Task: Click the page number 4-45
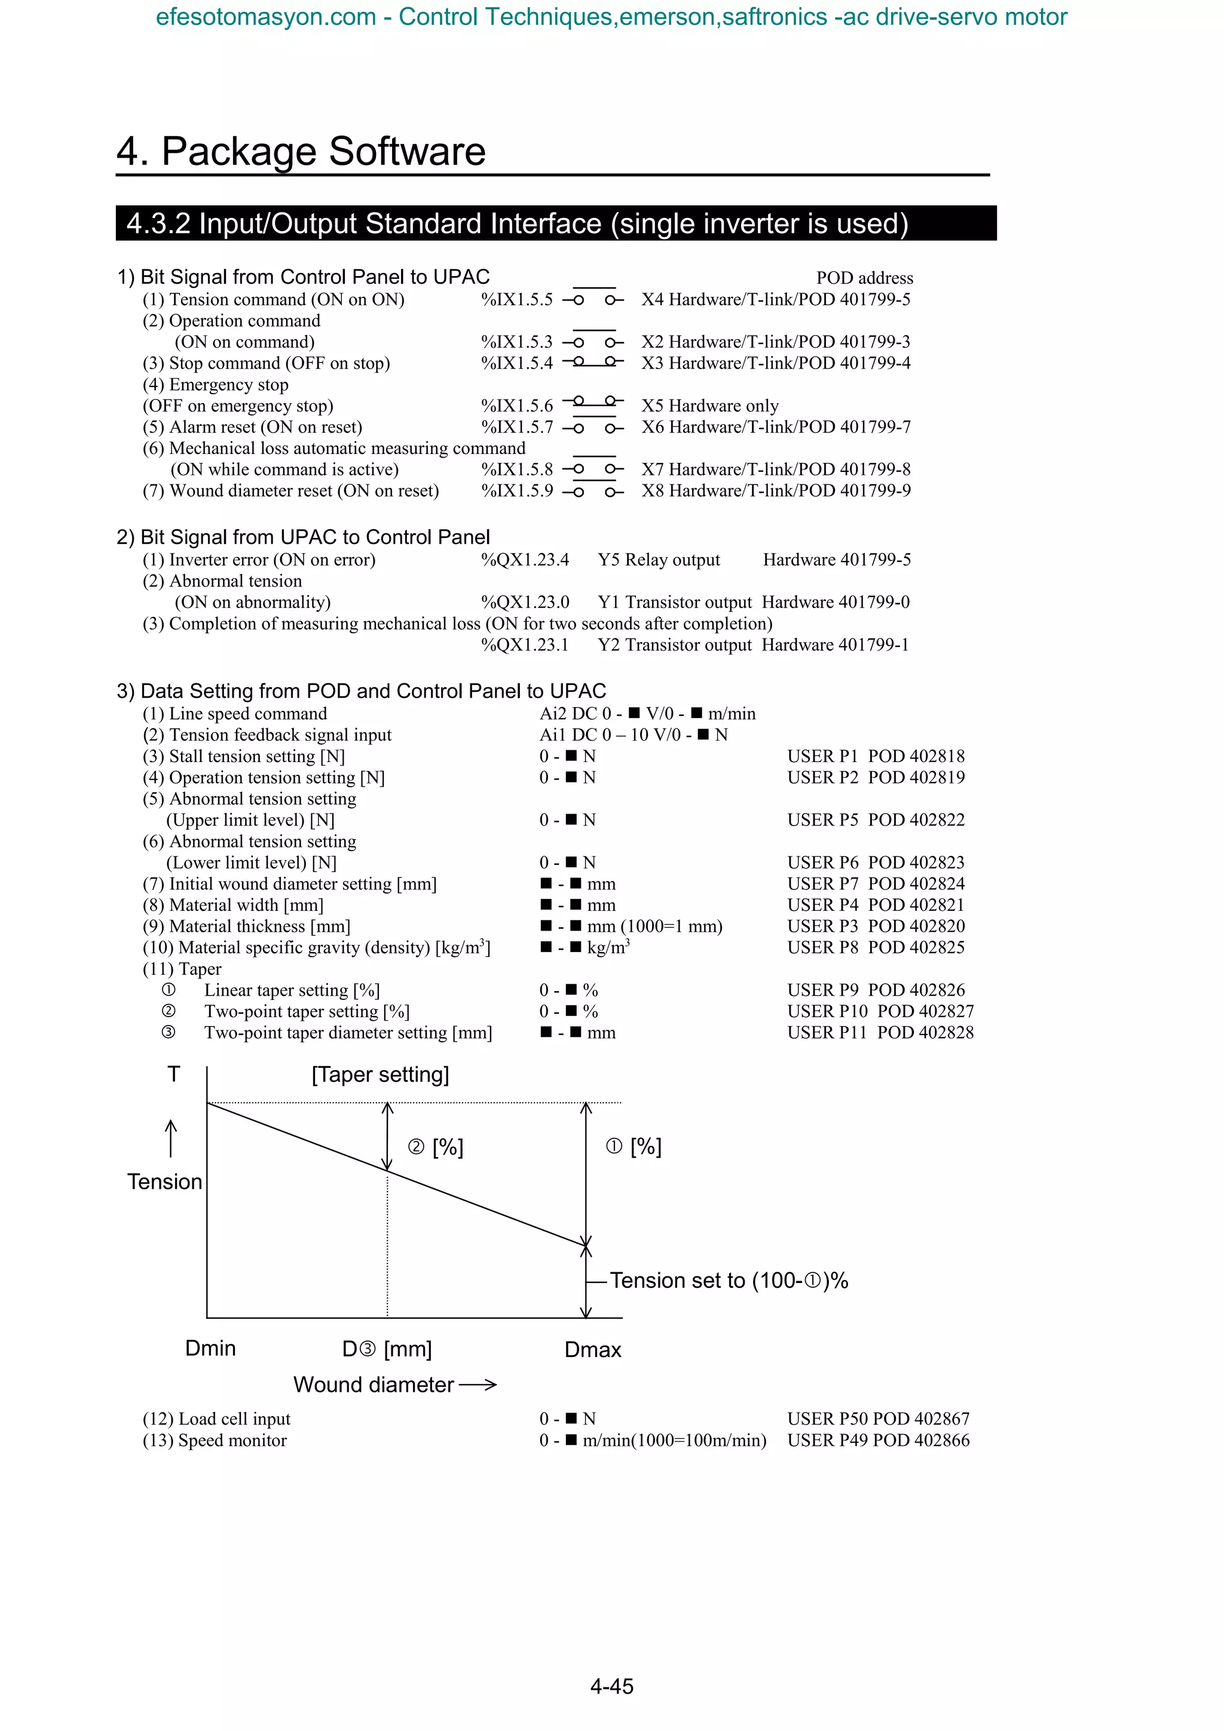click(x=611, y=1686)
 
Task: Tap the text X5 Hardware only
click(x=709, y=406)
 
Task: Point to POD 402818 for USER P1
click(x=916, y=756)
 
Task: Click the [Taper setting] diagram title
click(x=380, y=1075)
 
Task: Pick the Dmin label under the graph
click(x=210, y=1348)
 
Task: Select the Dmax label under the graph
click(x=593, y=1349)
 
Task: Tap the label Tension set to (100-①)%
click(x=729, y=1280)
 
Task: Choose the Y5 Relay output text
click(x=659, y=560)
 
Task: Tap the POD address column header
click(x=864, y=278)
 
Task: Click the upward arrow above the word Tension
click(x=171, y=1138)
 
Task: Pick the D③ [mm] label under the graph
click(x=387, y=1349)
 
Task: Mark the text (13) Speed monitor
click(x=215, y=1441)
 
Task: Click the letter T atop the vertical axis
click(x=173, y=1073)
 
